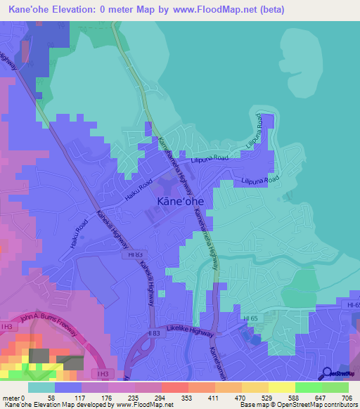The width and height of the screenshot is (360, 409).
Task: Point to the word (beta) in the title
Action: point(268,10)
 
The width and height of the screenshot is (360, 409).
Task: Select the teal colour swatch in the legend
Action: point(41,387)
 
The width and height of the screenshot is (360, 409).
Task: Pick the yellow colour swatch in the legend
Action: point(282,387)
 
